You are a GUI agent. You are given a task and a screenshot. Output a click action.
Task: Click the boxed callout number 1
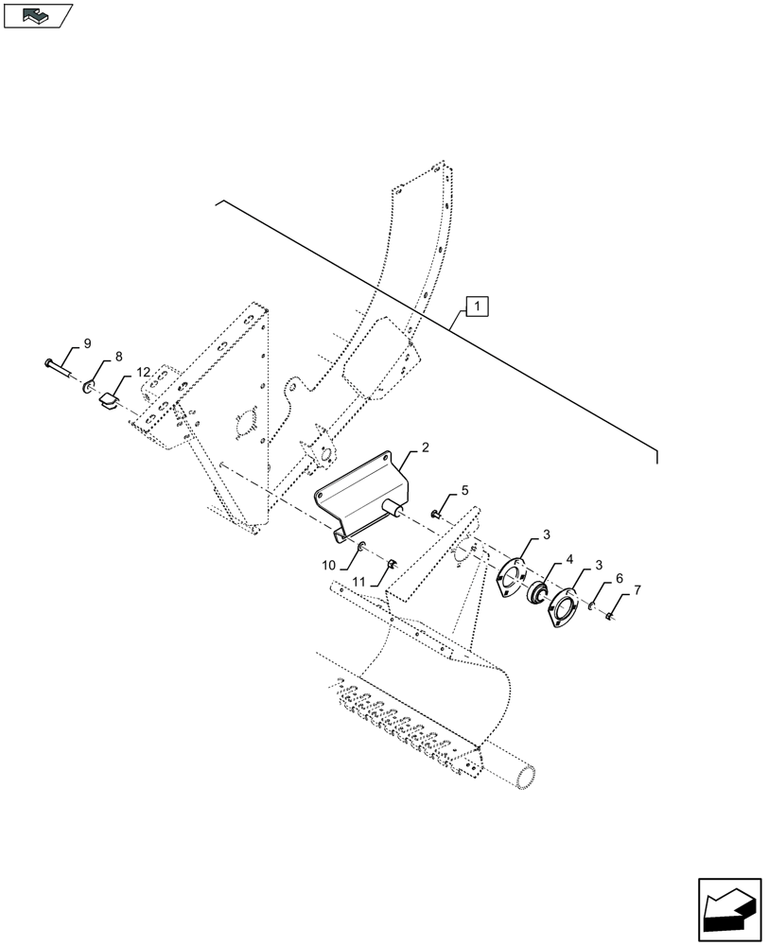478,306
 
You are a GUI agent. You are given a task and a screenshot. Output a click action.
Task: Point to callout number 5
464,490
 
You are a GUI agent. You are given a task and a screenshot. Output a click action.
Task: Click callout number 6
619,577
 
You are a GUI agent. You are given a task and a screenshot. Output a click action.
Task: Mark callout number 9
87,342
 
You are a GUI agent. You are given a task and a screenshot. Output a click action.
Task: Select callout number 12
142,374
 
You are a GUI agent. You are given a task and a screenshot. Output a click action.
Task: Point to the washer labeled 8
88,386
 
